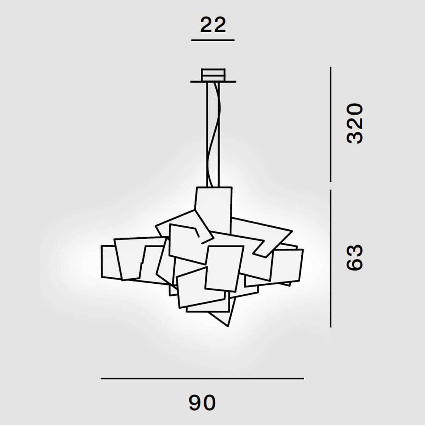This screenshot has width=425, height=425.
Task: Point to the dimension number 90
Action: click(x=202, y=403)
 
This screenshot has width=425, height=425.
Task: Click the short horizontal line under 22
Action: click(x=213, y=40)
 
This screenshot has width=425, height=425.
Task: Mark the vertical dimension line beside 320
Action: click(x=330, y=124)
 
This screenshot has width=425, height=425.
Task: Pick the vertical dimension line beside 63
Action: click(x=330, y=259)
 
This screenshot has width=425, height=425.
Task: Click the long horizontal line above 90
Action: click(x=202, y=379)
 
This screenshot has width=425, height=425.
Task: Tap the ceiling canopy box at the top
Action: click(x=213, y=74)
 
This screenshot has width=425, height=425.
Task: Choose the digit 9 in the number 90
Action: click(x=195, y=403)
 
